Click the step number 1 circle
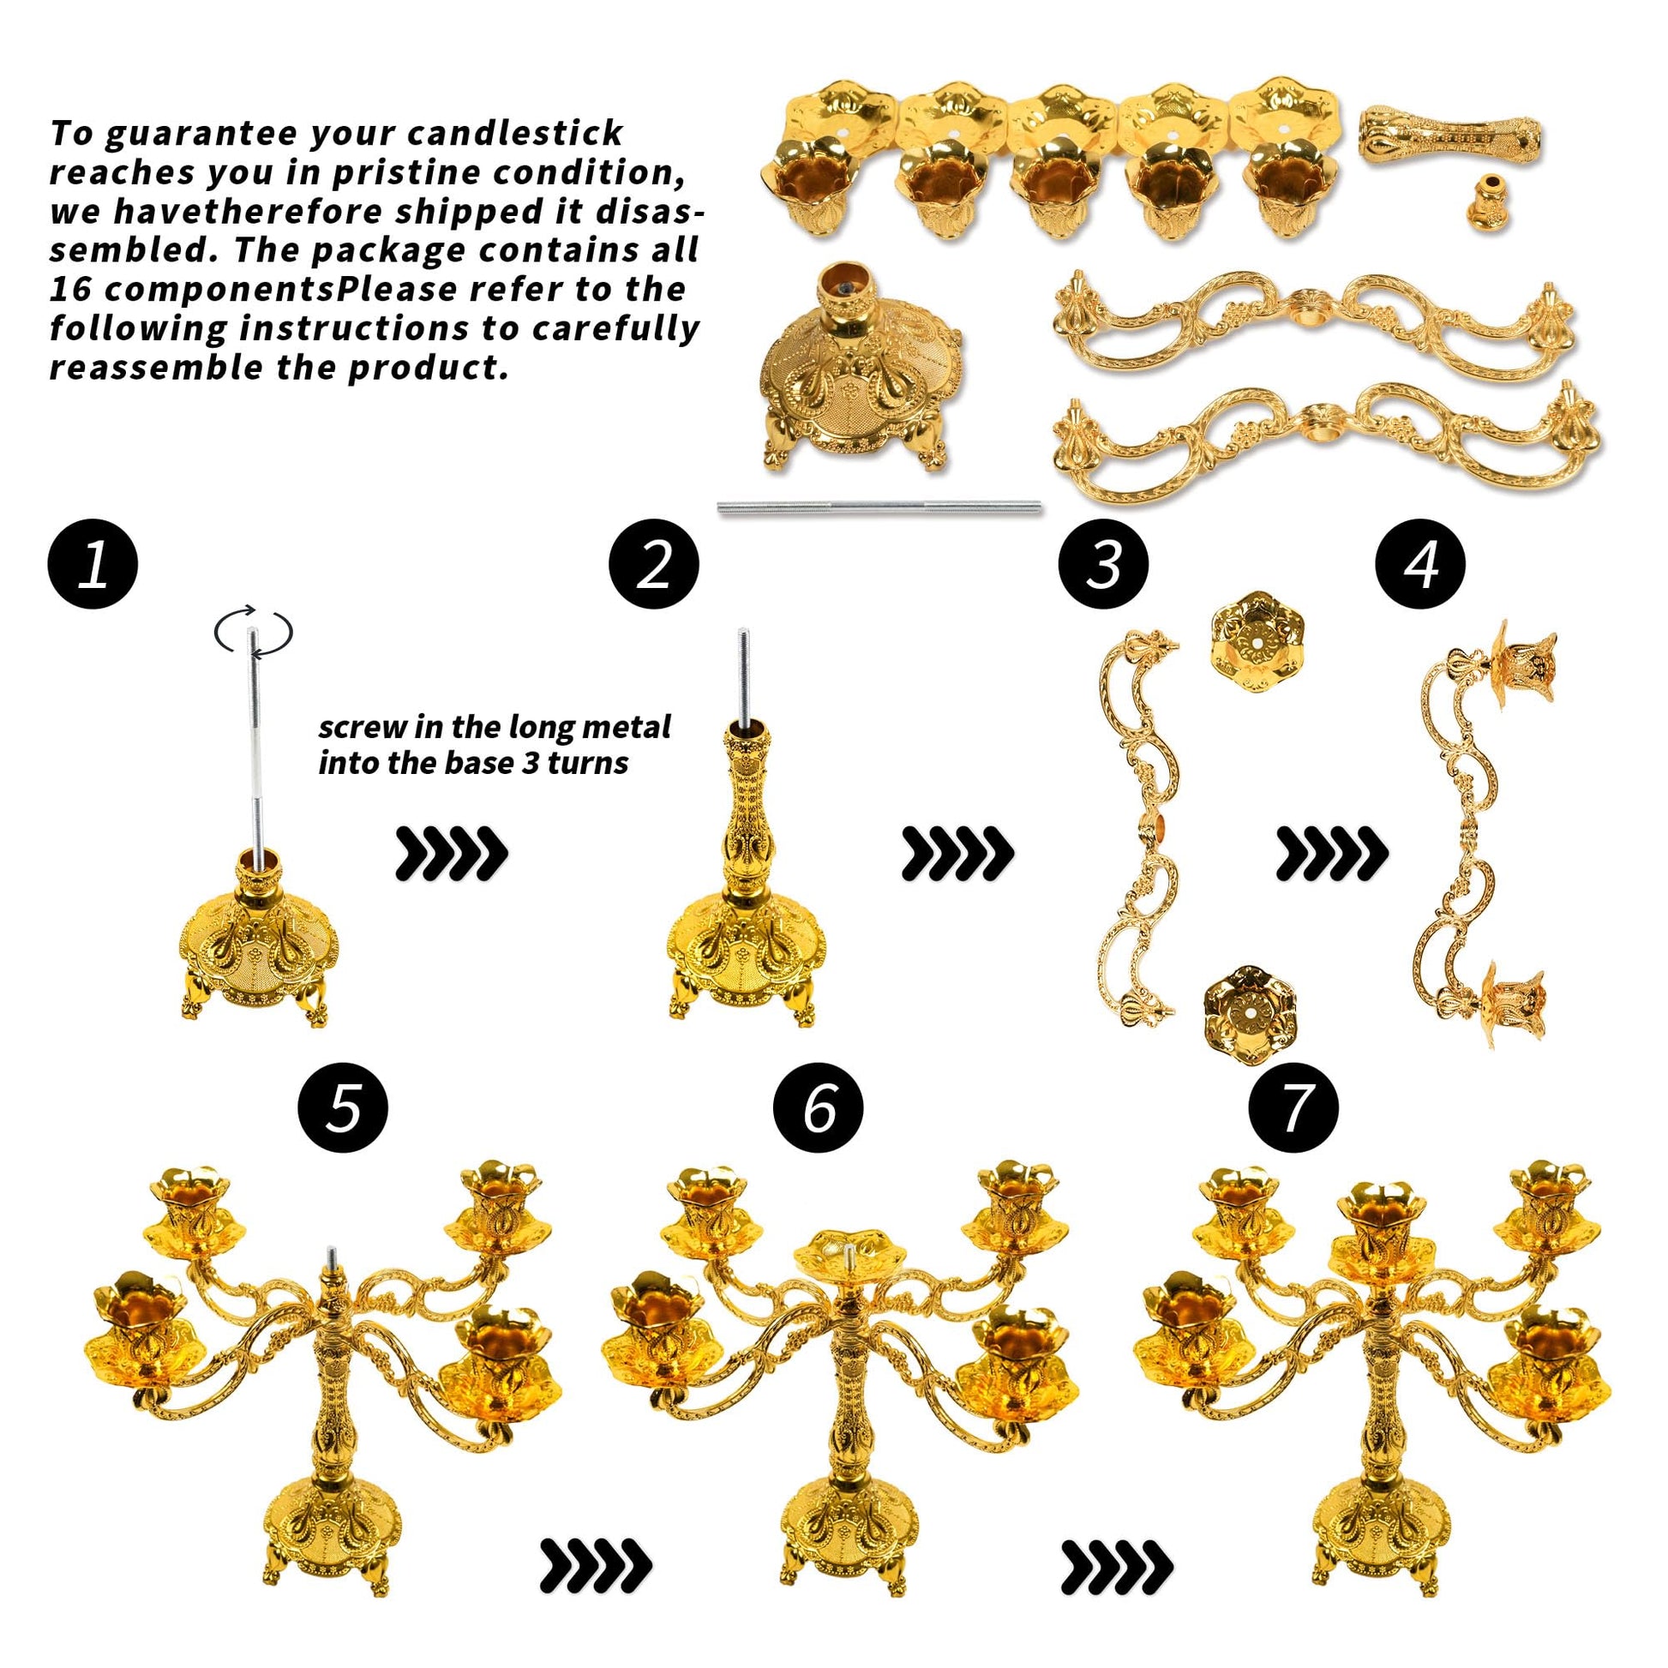click(x=93, y=566)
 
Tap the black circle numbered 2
click(x=653, y=566)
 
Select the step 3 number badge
click(x=1103, y=566)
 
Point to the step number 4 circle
click(x=1420, y=566)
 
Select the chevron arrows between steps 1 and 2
click(x=452, y=853)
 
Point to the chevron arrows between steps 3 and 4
click(x=1332, y=853)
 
